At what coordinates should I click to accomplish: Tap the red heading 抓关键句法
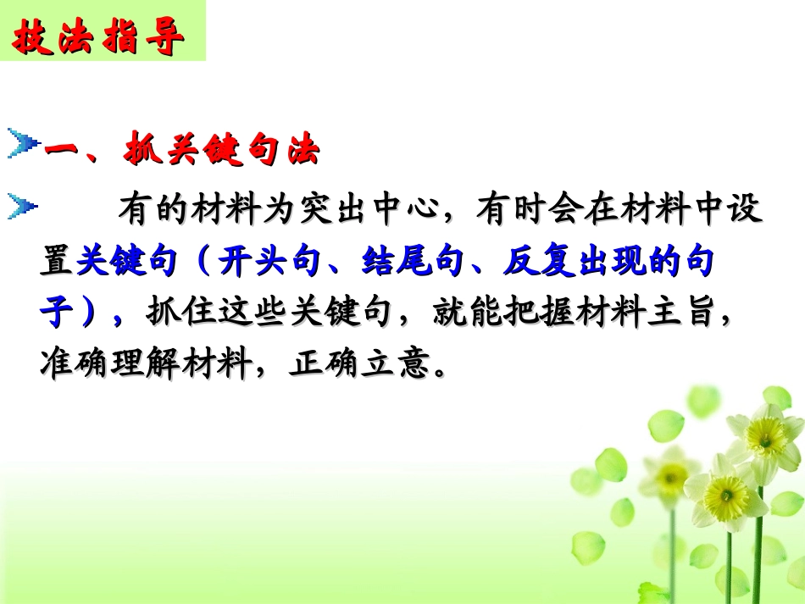[222, 151]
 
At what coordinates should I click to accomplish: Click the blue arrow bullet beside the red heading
[23, 145]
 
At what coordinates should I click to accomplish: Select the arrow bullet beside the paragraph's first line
[23, 207]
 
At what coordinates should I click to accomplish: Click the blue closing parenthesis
[92, 314]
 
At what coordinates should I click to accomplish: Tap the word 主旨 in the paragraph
[696, 314]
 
